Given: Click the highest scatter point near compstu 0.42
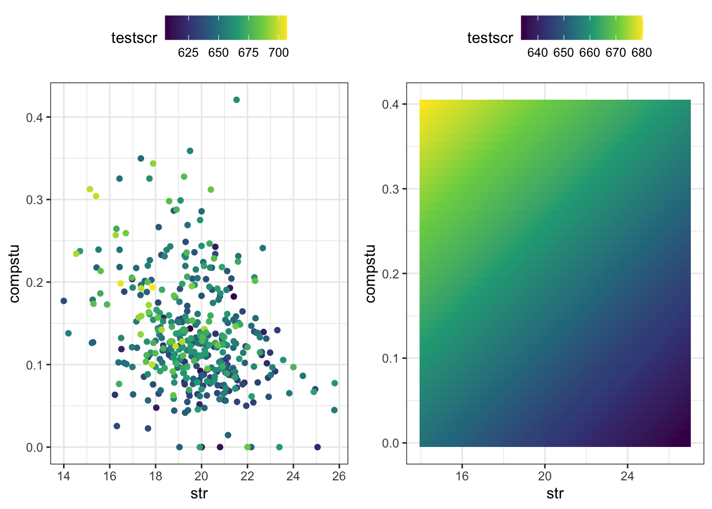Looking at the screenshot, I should pyautogui.click(x=236, y=100).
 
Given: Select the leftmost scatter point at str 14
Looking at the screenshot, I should pyautogui.click(x=64, y=301).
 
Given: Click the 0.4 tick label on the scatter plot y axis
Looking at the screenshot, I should pyautogui.click(x=35, y=117).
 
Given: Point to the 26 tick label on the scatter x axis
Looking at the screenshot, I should pyautogui.click(x=339, y=476).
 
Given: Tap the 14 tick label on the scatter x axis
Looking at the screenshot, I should pyautogui.click(x=64, y=476).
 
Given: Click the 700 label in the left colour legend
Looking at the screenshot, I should pyautogui.click(x=279, y=52).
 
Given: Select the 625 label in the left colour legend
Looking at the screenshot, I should pyautogui.click(x=188, y=52).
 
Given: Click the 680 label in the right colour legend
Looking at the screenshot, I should pyautogui.click(x=642, y=52).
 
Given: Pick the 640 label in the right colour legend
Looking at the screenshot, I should pyautogui.click(x=537, y=52).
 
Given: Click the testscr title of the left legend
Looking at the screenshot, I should pyautogui.click(x=134, y=38).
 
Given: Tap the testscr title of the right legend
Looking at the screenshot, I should pyautogui.click(x=490, y=38).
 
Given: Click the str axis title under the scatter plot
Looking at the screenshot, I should pyautogui.click(x=199, y=494).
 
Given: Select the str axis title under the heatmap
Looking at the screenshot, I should pyautogui.click(x=555, y=494).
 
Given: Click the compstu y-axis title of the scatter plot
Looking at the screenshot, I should pyautogui.click(x=14, y=274).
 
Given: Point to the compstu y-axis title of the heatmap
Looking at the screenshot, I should pyautogui.click(x=370, y=274).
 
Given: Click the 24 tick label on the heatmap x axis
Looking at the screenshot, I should pyautogui.click(x=627, y=476).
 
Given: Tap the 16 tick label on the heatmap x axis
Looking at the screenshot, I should pyautogui.click(x=462, y=476).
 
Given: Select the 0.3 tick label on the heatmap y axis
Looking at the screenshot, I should pyautogui.click(x=390, y=189).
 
